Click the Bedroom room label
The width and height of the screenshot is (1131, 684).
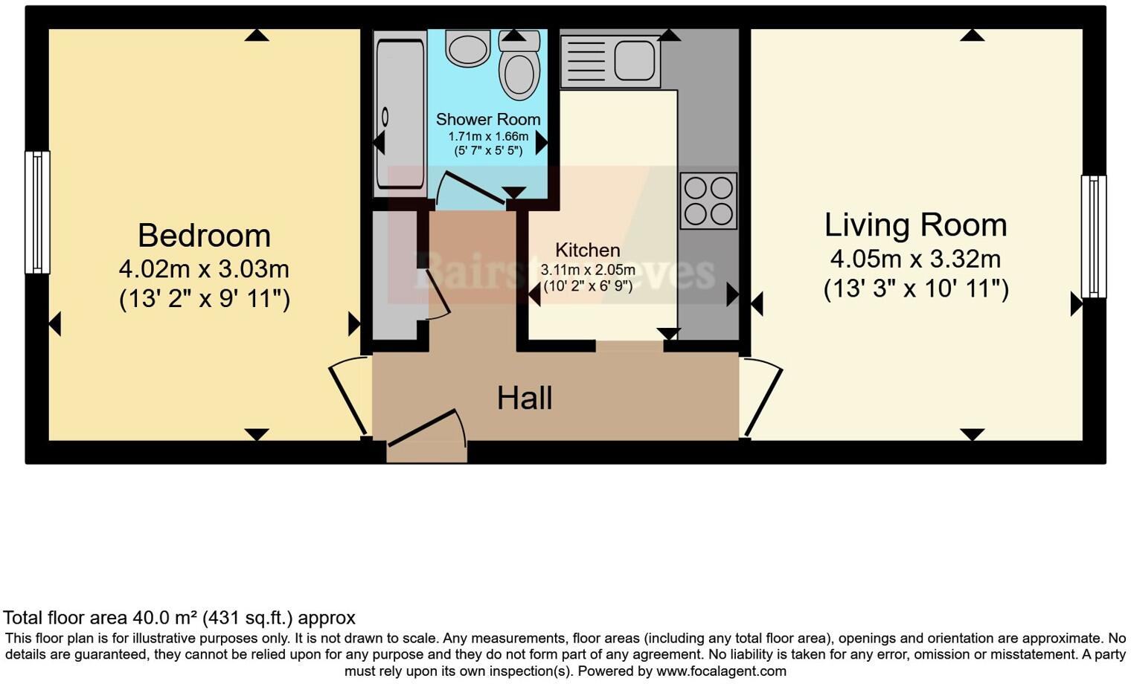coord(204,236)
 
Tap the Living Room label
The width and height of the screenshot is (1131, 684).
coord(915,225)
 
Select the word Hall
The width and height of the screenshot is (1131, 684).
coord(525,399)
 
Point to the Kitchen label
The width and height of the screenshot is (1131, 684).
coord(587,250)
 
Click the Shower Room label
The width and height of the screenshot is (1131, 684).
coord(488,119)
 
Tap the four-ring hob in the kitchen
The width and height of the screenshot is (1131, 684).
coord(708,201)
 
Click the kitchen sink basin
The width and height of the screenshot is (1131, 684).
coord(634,60)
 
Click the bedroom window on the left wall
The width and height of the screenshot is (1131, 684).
coord(37,212)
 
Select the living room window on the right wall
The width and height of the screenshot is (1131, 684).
coord(1093,236)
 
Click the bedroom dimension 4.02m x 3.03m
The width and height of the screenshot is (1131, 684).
coord(204,268)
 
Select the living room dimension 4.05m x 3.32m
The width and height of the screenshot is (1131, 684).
coord(915,259)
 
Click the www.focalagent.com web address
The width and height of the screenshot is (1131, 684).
coord(721,671)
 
